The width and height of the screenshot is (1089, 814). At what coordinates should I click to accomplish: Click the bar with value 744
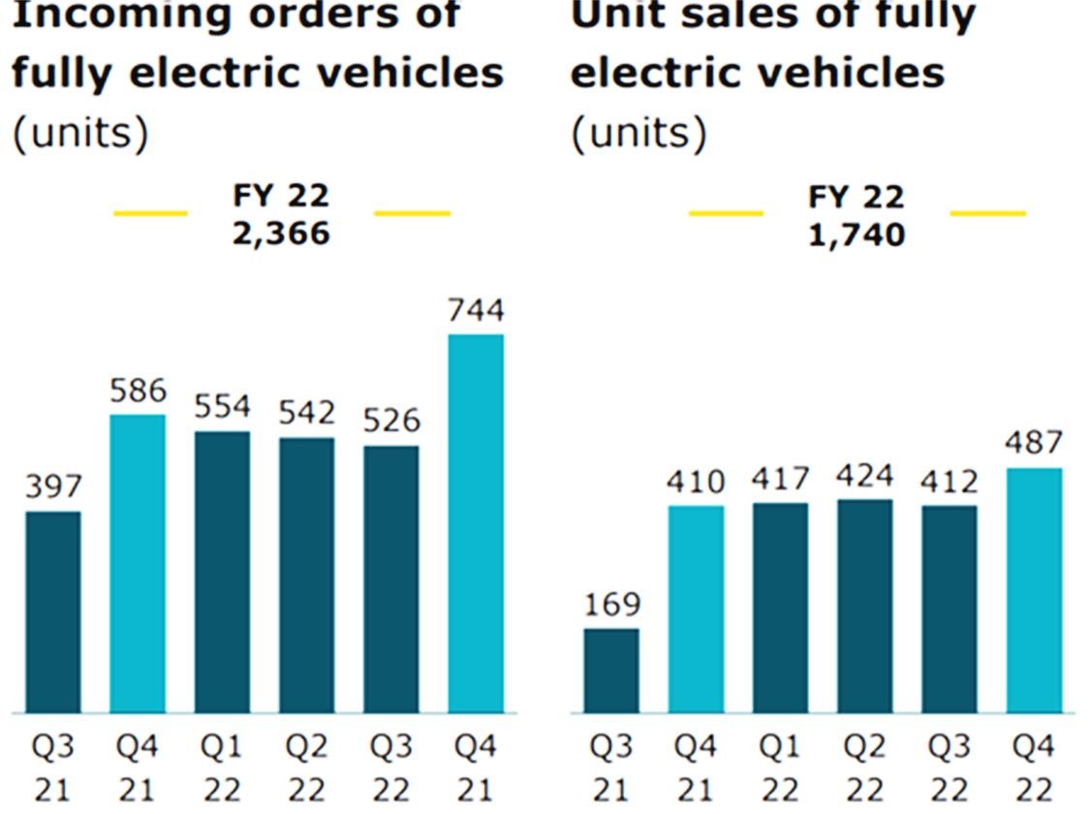(476, 523)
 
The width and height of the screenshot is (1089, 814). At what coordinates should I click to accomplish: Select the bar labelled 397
(53, 612)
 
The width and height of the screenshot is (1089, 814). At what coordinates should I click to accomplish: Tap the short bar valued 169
(611, 671)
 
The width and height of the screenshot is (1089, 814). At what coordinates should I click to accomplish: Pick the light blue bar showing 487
(1035, 591)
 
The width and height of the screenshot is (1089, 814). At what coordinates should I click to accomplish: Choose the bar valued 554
(222, 572)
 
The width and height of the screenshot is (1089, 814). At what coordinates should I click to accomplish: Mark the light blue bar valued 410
(696, 610)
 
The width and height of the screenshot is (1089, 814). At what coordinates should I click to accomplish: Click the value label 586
(138, 392)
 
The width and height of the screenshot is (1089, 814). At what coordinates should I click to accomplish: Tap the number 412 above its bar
(949, 483)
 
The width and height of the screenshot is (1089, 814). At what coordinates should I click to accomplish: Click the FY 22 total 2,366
(281, 234)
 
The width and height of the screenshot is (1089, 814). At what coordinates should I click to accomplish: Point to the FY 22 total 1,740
(856, 234)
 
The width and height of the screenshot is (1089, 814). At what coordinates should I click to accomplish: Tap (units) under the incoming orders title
(79, 134)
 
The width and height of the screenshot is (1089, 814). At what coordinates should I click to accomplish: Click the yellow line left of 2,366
(151, 212)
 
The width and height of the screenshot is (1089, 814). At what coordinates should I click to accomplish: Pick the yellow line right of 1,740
(988, 212)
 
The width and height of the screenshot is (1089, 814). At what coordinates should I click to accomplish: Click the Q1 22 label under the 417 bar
(780, 770)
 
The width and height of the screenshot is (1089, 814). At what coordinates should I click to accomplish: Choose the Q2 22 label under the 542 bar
(307, 770)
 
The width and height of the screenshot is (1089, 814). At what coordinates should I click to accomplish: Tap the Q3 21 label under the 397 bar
(53, 770)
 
